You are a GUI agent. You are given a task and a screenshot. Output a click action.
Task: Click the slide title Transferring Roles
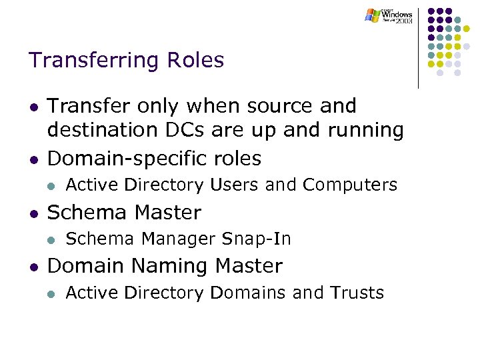(x=126, y=61)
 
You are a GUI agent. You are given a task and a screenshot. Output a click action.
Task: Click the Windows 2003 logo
(x=389, y=16)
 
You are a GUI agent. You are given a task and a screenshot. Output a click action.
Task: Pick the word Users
(x=231, y=185)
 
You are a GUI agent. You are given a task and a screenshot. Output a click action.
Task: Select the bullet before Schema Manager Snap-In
(x=51, y=239)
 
